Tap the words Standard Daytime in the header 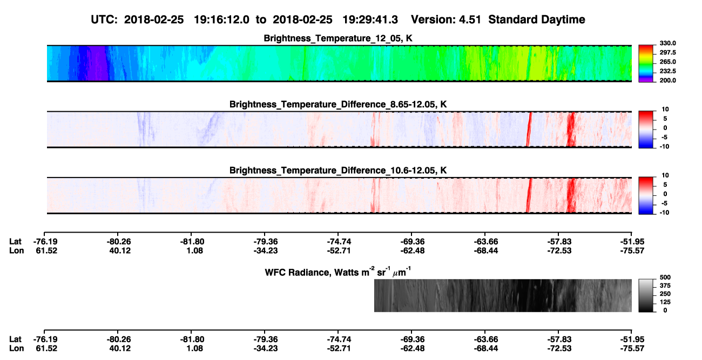click(x=537, y=19)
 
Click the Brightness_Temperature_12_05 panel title click(x=338, y=38)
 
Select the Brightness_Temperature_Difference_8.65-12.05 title click(x=338, y=104)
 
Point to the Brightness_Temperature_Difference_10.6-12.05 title click(x=338, y=171)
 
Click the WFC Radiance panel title click(x=338, y=272)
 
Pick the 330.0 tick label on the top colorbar click(x=667, y=43)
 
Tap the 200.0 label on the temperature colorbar click(x=667, y=80)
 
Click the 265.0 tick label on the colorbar click(x=667, y=62)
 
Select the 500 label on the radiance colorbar click(x=665, y=277)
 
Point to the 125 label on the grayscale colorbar click(x=665, y=302)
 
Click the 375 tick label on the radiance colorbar click(x=665, y=286)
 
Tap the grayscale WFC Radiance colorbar click(x=646, y=295)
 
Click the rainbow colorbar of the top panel click(x=646, y=63)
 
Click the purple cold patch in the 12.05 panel click(x=97, y=63)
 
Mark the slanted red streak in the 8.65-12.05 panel click(x=529, y=129)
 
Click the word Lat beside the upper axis click(x=15, y=242)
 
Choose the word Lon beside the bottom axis click(x=16, y=349)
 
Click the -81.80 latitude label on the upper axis click(x=192, y=242)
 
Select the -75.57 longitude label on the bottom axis click(x=632, y=349)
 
